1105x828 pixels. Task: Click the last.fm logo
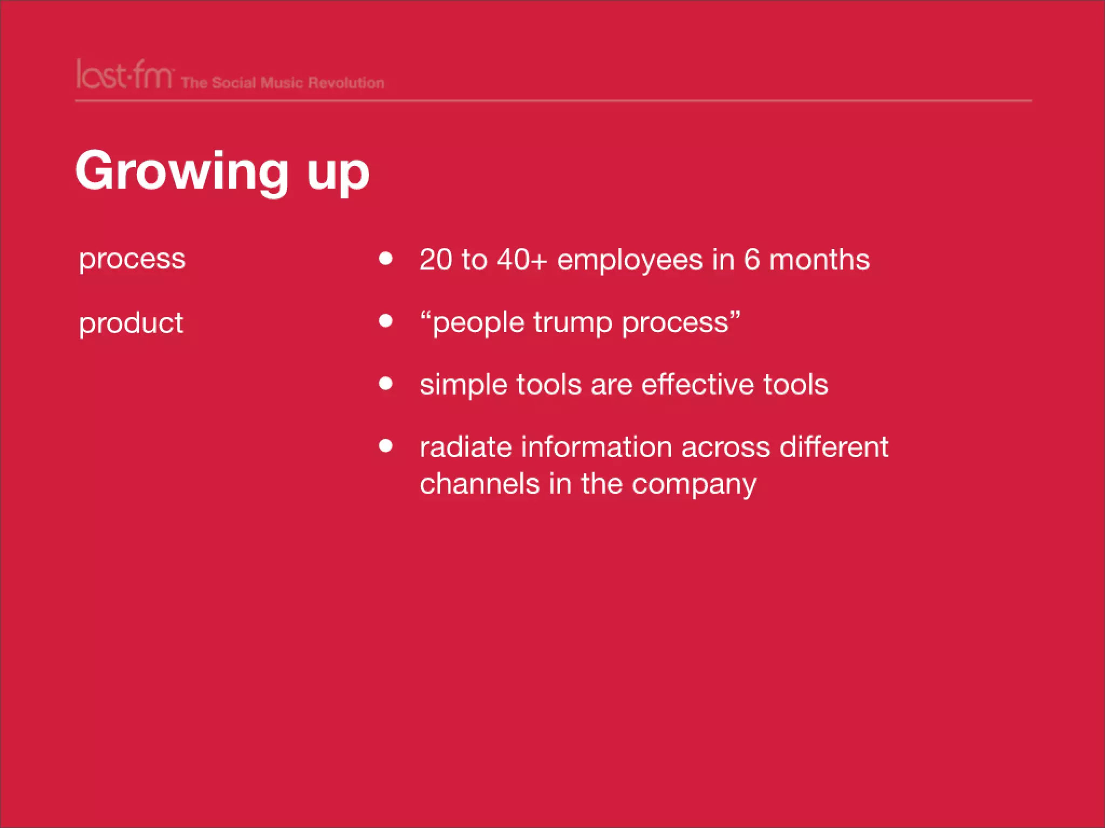coord(124,75)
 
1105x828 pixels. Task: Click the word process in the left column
coord(132,259)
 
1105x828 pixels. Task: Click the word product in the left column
coord(131,323)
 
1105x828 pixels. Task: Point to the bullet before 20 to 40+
coord(385,259)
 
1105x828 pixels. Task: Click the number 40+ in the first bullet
coord(522,259)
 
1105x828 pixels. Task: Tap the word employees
coord(630,260)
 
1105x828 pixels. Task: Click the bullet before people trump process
coord(385,321)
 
